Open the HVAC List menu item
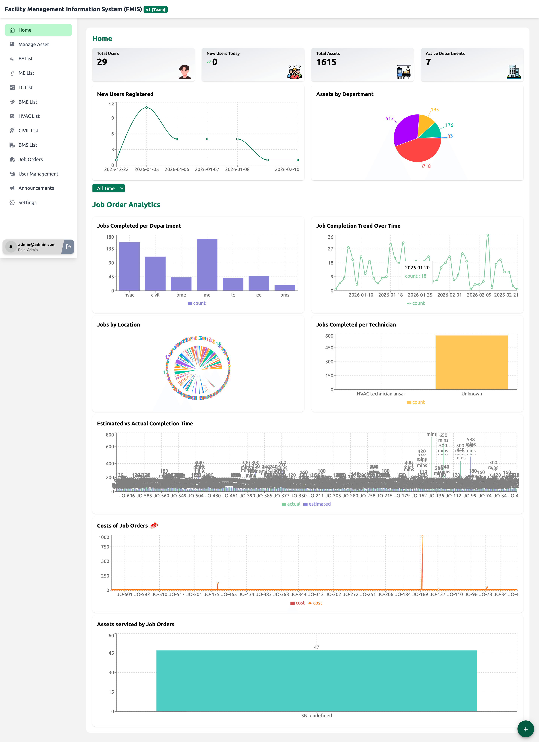click(29, 116)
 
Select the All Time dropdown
click(108, 188)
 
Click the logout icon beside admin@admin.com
click(68, 247)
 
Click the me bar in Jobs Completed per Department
click(207, 265)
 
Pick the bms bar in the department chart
click(285, 288)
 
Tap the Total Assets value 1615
click(326, 62)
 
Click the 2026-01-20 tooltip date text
click(417, 268)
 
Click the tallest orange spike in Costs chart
click(422, 563)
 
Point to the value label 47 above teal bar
click(316, 647)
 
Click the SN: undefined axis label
click(316, 716)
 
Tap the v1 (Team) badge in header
click(156, 10)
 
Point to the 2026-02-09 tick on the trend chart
click(479, 295)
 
